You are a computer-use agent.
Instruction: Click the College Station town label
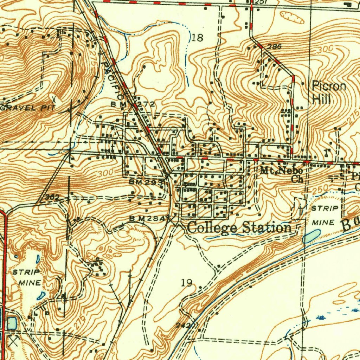pos(239,228)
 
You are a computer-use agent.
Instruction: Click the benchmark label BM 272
pos(133,104)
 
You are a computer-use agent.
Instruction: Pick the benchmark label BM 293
pos(146,182)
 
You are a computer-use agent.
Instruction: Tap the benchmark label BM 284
pos(147,218)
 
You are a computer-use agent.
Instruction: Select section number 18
pos(198,38)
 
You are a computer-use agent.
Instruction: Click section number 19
pos(187,282)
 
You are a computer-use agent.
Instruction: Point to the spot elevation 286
pos(274,46)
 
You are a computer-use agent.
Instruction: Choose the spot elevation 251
pos(261,2)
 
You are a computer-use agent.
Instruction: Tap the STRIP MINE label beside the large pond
pos(325,215)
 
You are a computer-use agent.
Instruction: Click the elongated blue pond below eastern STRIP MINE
pos(311,236)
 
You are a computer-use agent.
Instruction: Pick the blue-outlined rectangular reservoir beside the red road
pos(12,323)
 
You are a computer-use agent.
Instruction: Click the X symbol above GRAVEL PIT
pos(53,98)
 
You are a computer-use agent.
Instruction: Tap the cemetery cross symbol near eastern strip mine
pos(300,208)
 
